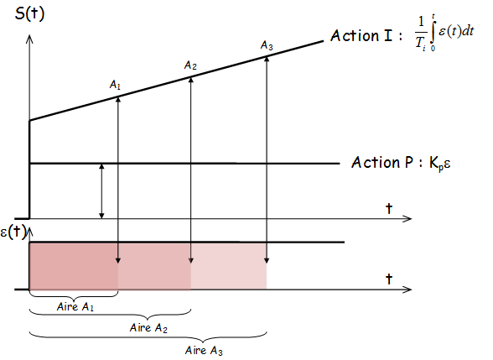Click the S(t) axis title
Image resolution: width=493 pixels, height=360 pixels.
coord(29,13)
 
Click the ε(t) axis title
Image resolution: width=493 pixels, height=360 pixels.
coord(13,232)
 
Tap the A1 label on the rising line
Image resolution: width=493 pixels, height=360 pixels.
coord(115,85)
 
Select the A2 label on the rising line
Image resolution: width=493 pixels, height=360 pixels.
coord(190,65)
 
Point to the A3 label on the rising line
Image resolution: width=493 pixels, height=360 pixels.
coord(267,45)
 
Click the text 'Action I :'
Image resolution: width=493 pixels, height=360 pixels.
coord(366,35)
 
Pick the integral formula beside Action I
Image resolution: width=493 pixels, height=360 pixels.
coord(444,33)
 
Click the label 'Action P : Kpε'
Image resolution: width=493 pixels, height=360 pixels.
coord(401,163)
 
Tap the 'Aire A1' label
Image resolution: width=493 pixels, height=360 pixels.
coord(75,306)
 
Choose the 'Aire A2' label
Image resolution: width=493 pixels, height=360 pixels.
coord(148,328)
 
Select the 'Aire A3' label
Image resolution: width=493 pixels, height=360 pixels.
coord(204,350)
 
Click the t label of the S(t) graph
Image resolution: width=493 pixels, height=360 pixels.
coord(389,208)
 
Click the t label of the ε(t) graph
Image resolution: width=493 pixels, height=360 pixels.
coord(389,279)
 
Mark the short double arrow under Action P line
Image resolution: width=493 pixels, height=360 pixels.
coord(101,191)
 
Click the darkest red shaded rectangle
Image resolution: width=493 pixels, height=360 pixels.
coord(74,266)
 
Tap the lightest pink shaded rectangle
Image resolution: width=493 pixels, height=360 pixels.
coord(229,266)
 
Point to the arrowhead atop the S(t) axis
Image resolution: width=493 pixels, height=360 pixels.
coord(29,39)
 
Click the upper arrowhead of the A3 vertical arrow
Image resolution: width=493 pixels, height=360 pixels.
coord(267,59)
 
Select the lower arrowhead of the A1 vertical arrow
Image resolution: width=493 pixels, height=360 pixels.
coord(118,260)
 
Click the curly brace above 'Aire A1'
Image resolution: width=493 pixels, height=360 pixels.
coord(74,296)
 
